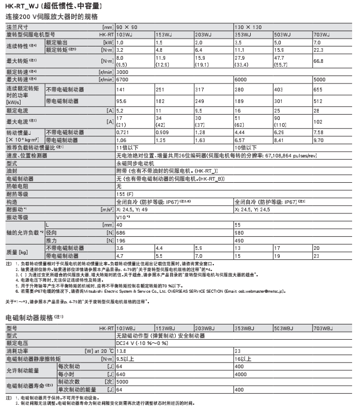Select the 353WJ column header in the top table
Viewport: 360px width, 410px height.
tap(241, 34)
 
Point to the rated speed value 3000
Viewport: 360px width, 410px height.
tap(122, 71)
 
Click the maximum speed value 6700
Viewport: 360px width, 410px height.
tap(122, 79)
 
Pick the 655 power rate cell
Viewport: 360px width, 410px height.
tap(318, 89)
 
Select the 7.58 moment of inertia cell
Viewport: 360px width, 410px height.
tap(318, 131)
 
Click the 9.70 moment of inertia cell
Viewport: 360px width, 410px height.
tap(318, 141)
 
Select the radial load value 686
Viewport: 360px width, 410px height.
tap(121, 232)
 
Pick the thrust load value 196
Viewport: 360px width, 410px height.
tap(121, 240)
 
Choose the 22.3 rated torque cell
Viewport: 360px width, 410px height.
tap(319, 49)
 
